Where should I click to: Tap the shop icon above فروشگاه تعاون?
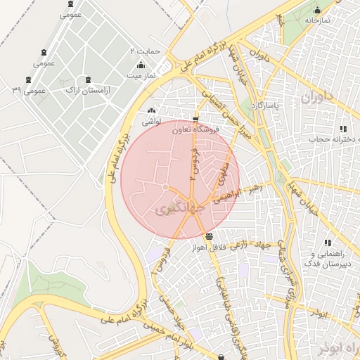tap(195, 119)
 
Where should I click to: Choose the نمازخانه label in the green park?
tap(317, 21)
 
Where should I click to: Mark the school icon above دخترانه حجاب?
tap(343, 129)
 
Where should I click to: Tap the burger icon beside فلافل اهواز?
tap(210, 236)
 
